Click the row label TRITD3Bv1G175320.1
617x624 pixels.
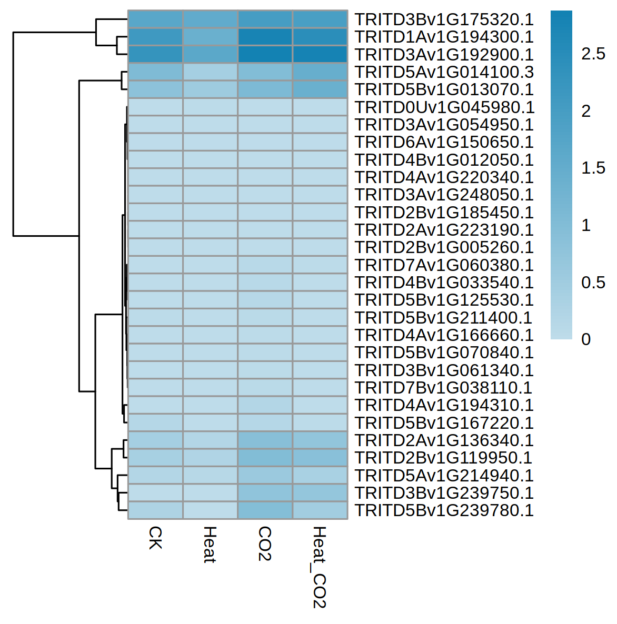tap(444, 19)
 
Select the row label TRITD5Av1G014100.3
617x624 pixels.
tap(444, 72)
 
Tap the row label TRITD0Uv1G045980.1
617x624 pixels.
tap(444, 107)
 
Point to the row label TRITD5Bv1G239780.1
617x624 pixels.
tap(444, 510)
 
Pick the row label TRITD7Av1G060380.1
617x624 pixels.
tap(444, 265)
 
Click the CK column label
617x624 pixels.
tap(155, 538)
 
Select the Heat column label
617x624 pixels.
tap(210, 545)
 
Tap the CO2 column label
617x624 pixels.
tap(265, 544)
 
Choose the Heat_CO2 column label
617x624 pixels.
tap(320, 567)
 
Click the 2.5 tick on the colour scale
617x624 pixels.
tap(593, 54)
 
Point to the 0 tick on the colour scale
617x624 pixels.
tap(586, 339)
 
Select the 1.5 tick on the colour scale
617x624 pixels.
tap(593, 168)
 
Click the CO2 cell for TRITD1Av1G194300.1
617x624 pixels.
tap(265, 37)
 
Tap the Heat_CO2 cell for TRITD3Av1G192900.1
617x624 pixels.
tap(320, 55)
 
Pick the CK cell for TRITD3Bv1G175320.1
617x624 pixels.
tap(155, 19)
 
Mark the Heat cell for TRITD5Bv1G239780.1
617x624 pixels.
tap(210, 510)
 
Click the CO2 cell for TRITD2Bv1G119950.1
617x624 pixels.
tap(265, 458)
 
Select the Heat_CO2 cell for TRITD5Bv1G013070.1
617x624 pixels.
tap(320, 89)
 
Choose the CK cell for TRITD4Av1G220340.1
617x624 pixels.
tap(155, 177)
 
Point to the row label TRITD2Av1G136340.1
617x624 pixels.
tap(444, 440)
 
